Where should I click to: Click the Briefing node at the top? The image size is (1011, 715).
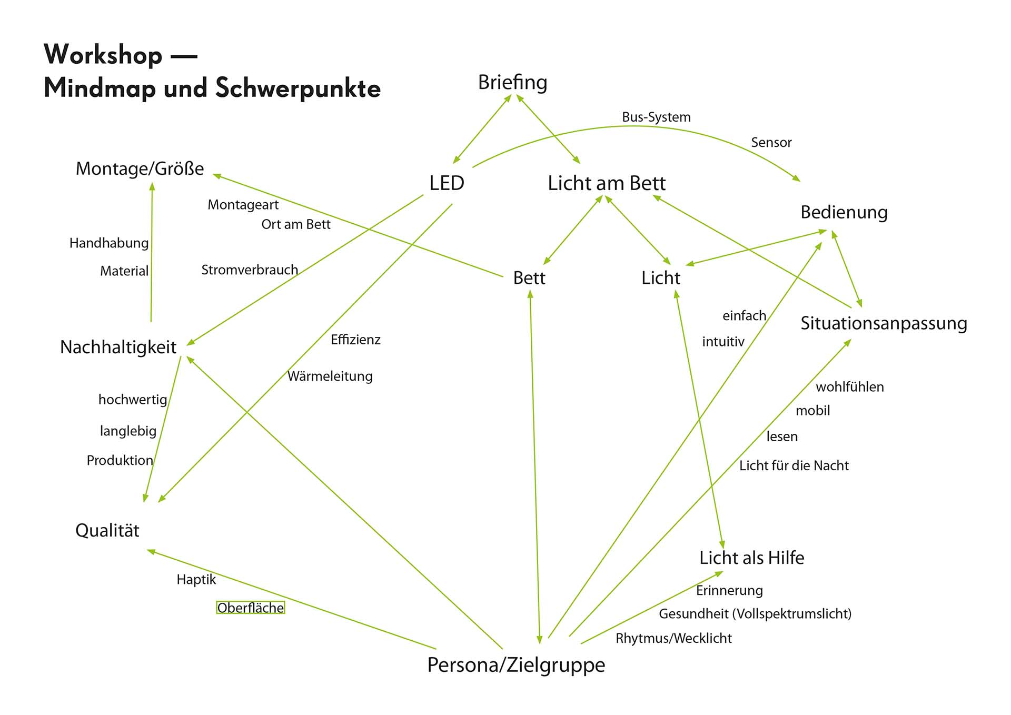(512, 83)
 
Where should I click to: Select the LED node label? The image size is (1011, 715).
(447, 183)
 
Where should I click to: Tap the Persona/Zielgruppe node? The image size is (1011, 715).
(516, 665)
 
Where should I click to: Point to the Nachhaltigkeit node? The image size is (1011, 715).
(118, 347)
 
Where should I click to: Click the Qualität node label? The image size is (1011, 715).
(107, 530)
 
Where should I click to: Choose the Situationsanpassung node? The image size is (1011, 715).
(884, 323)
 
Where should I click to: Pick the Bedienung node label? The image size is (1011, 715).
(844, 212)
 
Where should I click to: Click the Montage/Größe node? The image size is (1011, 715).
(140, 168)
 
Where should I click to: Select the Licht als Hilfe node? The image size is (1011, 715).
(751, 558)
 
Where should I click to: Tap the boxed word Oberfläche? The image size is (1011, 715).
(251, 608)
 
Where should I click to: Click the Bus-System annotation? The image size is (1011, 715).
(656, 117)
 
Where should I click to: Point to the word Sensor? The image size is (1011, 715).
(771, 142)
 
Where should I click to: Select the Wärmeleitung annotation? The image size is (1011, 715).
(330, 376)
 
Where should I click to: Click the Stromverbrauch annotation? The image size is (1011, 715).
(250, 270)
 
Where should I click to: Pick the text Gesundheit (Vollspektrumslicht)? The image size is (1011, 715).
(755, 614)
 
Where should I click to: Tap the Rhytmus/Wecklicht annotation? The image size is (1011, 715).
(673, 639)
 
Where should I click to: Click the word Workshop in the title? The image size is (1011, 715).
(103, 55)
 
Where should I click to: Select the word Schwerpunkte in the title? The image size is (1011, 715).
(298, 88)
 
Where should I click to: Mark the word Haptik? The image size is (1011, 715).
(196, 580)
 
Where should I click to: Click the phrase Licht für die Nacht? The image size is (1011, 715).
(794, 465)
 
